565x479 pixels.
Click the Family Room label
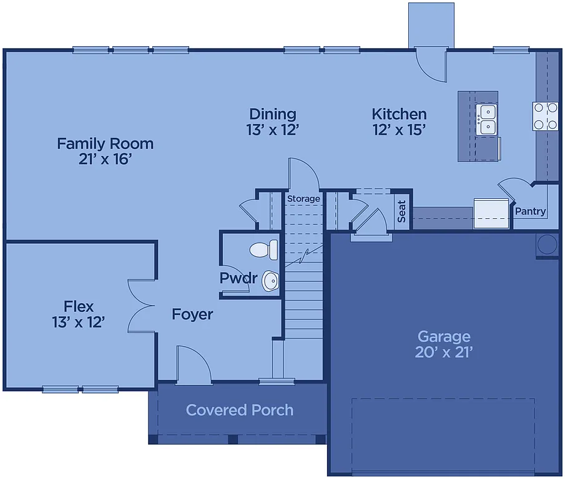point(105,143)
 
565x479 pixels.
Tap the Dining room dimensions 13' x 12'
point(273,130)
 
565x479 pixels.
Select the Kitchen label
point(399,114)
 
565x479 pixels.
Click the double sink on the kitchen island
point(486,120)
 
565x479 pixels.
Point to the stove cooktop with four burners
point(545,116)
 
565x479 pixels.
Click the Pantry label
point(530,211)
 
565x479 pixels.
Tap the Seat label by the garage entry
point(402,211)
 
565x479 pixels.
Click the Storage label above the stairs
point(303,199)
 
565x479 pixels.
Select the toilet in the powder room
point(264,250)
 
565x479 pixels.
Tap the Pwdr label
point(238,278)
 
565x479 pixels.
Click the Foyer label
point(192,314)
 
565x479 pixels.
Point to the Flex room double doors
point(141,306)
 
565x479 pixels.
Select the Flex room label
point(79,306)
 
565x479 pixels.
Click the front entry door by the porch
point(194,365)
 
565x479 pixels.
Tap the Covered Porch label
point(240,410)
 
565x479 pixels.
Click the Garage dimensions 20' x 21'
point(443,352)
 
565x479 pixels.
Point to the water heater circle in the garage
point(547,244)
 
